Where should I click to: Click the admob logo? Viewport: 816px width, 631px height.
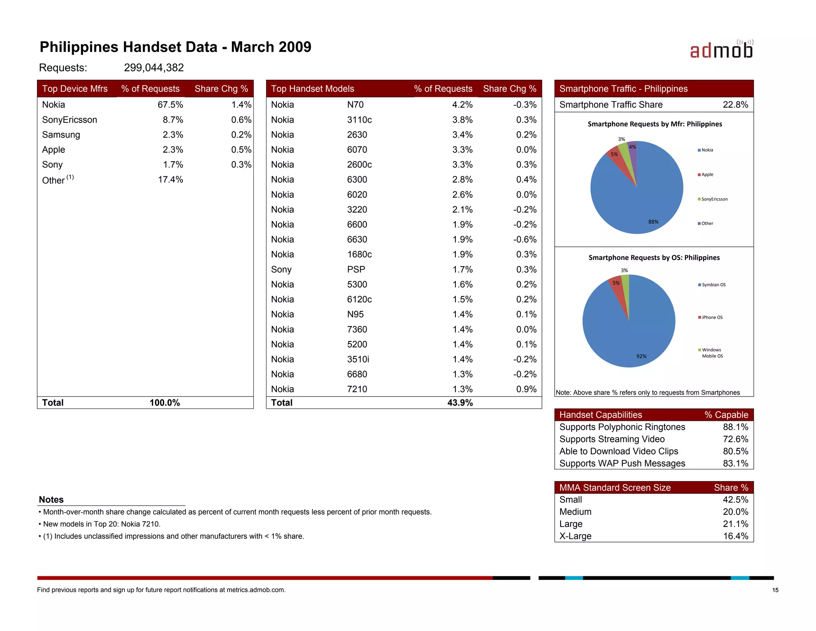(721, 50)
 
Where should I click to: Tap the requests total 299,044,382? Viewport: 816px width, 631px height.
(154, 68)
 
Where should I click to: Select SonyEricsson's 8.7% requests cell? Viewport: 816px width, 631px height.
(173, 120)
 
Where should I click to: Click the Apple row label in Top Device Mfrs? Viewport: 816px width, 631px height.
(53, 150)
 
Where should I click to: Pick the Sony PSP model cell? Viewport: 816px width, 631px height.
(356, 270)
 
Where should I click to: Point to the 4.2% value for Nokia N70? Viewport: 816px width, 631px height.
(462, 105)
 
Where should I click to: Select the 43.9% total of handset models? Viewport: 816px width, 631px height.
(460, 403)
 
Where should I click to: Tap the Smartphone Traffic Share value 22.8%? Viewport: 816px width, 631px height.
(735, 105)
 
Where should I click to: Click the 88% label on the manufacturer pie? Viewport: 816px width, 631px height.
(653, 222)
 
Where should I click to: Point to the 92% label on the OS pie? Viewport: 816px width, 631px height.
(641, 356)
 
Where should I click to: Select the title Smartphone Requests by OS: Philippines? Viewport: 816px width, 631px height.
(654, 258)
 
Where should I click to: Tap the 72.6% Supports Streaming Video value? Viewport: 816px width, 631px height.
(735, 439)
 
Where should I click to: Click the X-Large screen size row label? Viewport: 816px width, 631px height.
(575, 536)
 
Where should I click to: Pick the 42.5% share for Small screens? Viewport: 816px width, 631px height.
(735, 500)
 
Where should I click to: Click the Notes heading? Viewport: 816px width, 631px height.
(51, 500)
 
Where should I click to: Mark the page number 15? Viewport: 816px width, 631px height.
(775, 590)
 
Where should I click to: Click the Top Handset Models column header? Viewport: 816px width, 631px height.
(312, 89)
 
